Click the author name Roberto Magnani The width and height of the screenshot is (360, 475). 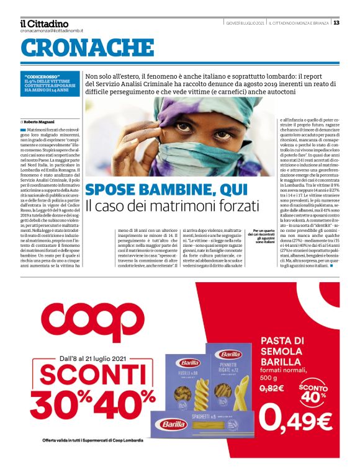pos(40,104)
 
